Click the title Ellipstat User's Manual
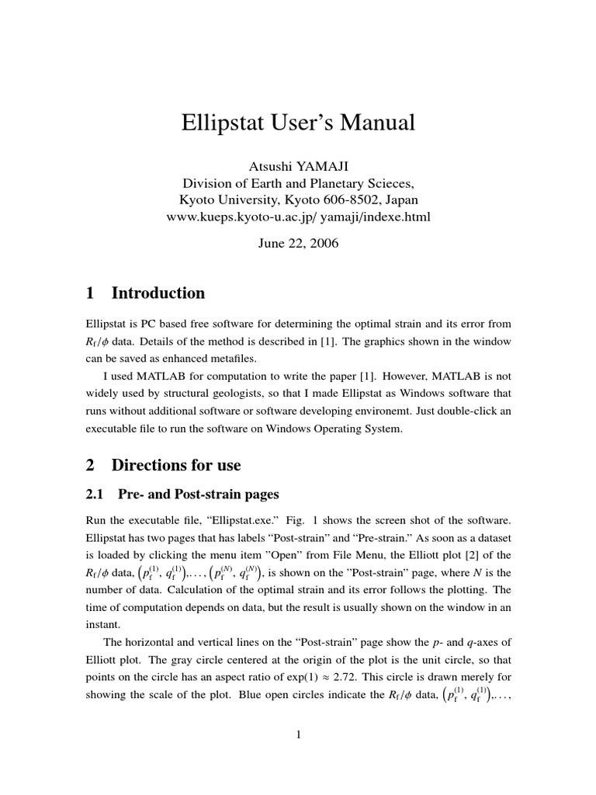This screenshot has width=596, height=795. (298, 122)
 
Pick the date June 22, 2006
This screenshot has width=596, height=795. (298, 242)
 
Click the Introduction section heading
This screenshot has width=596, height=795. (158, 293)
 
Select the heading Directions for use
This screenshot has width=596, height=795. (176, 465)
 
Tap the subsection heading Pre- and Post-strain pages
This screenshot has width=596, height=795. (197, 494)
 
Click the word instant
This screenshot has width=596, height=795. (102, 623)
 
